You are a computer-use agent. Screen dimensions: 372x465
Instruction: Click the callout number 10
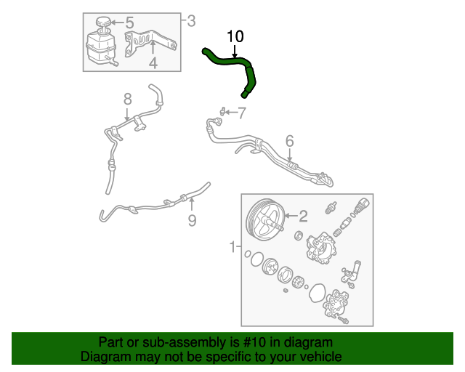tap(235, 36)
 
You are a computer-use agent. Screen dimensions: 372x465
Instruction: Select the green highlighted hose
tap(231, 62)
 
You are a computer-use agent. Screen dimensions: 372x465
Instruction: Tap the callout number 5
tap(129, 23)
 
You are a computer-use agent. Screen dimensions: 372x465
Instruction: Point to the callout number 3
tap(191, 20)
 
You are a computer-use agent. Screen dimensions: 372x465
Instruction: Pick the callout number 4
tap(153, 63)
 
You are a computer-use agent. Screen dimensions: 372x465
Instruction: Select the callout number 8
tap(127, 98)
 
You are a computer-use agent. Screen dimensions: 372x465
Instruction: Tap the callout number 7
tap(242, 112)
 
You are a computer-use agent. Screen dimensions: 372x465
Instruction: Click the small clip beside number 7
tap(219, 111)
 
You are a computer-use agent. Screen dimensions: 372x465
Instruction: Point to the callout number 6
tap(288, 140)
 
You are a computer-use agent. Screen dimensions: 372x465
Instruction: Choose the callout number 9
tap(192, 220)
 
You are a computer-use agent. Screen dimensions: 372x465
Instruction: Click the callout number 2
tap(304, 214)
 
